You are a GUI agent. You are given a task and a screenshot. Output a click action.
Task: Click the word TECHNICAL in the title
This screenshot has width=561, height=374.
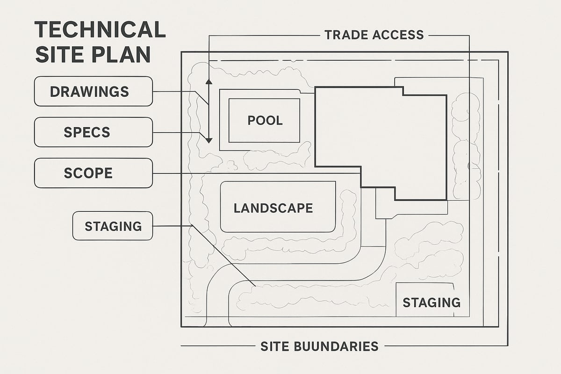point(100,30)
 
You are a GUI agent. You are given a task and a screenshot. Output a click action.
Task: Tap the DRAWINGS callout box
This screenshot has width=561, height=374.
point(93,91)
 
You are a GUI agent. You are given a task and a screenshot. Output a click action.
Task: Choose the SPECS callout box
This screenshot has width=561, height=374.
point(93,132)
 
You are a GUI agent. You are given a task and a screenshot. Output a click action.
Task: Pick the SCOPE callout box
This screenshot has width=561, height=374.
point(93,173)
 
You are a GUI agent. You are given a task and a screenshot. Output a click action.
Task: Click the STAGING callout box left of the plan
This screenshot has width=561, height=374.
point(113,226)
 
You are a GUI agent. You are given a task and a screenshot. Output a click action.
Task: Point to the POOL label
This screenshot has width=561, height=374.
point(265,121)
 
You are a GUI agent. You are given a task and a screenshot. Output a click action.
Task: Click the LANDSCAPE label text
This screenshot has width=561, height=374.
point(273,208)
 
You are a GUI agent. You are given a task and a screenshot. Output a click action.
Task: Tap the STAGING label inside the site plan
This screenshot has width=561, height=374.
point(431,302)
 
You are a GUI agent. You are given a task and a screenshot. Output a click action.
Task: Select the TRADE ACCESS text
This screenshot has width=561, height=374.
point(374,35)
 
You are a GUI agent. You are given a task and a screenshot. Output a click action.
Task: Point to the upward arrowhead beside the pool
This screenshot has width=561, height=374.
point(209,82)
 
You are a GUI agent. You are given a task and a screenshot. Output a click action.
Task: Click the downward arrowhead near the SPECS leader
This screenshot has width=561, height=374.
point(209,140)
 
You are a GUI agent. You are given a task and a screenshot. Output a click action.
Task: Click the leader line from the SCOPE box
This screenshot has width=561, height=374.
point(257,173)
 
